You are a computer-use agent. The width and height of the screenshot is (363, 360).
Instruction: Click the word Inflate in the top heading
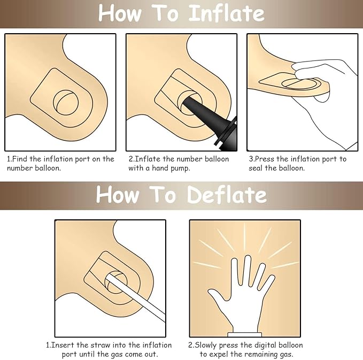(227, 13)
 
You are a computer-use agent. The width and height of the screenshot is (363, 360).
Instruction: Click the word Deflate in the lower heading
(227, 195)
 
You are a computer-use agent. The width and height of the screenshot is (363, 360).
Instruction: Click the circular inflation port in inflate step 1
(66, 103)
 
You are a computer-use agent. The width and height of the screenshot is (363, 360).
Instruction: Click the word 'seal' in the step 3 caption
(256, 168)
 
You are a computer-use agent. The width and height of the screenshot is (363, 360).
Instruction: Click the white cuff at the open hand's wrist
(245, 334)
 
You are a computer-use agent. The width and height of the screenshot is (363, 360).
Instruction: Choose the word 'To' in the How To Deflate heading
(163, 195)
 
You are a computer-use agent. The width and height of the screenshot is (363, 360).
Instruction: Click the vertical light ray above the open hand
(244, 236)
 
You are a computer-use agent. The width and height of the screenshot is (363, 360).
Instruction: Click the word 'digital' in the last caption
(262, 346)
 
